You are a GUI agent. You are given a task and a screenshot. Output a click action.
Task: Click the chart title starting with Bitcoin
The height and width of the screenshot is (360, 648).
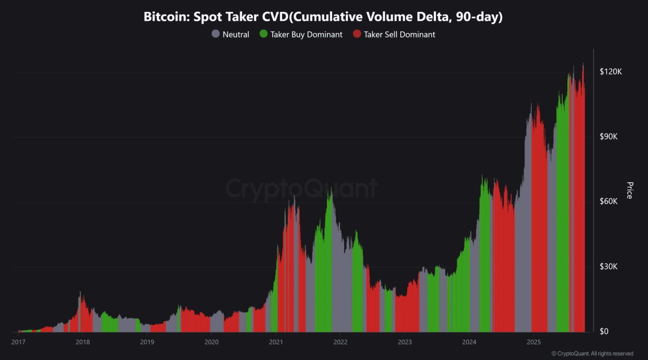323,17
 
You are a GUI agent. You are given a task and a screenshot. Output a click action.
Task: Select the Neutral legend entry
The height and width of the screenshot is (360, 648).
236,34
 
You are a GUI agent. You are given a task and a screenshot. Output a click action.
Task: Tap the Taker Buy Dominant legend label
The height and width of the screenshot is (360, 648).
306,34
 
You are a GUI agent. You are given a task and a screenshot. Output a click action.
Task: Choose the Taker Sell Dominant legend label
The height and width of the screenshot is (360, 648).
399,34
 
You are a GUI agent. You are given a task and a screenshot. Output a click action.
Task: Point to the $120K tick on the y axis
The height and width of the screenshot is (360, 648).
610,72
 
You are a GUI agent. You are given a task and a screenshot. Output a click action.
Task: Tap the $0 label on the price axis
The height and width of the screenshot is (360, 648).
605,332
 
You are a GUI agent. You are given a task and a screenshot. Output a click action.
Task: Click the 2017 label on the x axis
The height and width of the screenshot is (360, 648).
18,342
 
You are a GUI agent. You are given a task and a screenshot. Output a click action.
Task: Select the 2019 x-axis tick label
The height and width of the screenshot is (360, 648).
147,342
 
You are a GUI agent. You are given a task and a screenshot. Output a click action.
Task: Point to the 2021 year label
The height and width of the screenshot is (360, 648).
276,342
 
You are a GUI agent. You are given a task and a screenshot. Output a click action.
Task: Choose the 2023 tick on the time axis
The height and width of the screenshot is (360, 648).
405,342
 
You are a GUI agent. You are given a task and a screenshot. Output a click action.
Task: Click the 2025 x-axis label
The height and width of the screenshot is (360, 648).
533,342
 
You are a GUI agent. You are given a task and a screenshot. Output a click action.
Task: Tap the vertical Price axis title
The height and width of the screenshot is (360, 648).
629,190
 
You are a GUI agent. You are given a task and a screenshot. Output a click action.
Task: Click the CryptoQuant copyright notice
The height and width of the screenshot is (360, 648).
592,354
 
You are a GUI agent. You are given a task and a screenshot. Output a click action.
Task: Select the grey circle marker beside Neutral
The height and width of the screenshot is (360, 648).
216,34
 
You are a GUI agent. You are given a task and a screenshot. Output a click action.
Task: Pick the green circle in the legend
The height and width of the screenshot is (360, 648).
263,34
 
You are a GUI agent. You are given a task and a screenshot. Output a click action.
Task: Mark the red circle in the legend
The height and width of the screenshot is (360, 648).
357,34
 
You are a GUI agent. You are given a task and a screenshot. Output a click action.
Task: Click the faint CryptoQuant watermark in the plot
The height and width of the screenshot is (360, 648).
302,189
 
